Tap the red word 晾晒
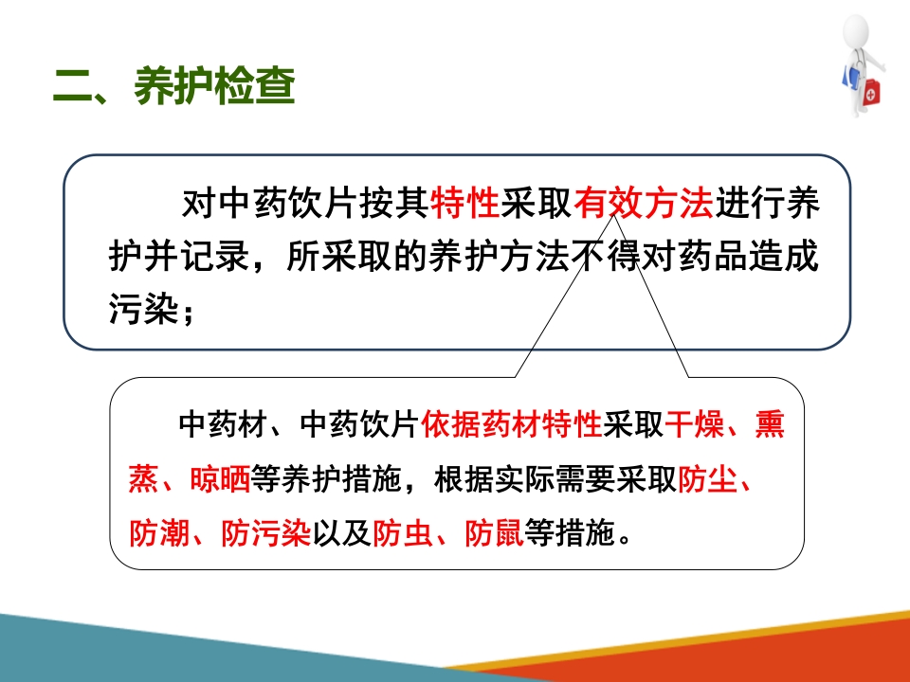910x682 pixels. pos(219,480)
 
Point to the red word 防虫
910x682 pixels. pos(404,534)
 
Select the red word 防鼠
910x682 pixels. pos(494,534)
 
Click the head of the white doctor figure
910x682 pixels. pos(857,30)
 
